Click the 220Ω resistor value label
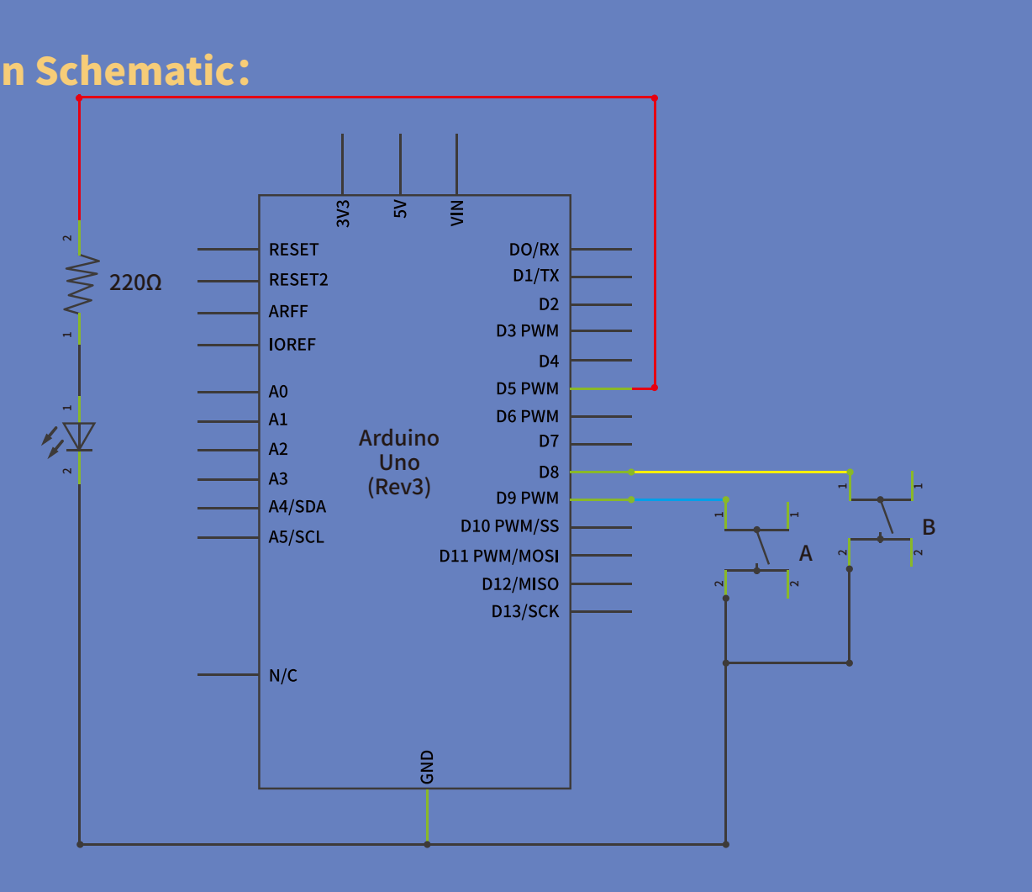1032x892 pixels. [135, 282]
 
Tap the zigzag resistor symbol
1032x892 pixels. [82, 283]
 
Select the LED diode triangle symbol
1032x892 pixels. [79, 436]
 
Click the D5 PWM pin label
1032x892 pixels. [527, 388]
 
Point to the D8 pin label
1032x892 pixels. [549, 472]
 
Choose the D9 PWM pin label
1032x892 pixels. [527, 498]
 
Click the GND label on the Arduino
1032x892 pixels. [427, 767]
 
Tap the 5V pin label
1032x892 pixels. [400, 208]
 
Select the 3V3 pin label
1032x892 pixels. [343, 214]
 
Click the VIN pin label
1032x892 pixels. [457, 214]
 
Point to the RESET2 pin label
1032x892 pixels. [298, 280]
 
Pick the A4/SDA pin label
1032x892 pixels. [297, 507]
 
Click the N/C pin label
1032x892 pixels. [282, 676]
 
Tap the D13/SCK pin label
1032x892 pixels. [525, 611]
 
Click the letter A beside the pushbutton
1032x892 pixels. [805, 553]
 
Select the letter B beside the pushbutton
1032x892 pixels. [929, 527]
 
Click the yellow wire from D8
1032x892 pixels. [741, 472]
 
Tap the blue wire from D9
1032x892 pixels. [679, 499]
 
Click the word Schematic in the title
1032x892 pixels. [142, 71]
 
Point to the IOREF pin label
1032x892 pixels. [292, 345]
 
